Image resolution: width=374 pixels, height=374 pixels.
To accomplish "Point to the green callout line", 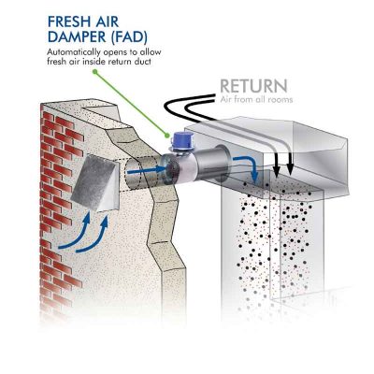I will [122, 93].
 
